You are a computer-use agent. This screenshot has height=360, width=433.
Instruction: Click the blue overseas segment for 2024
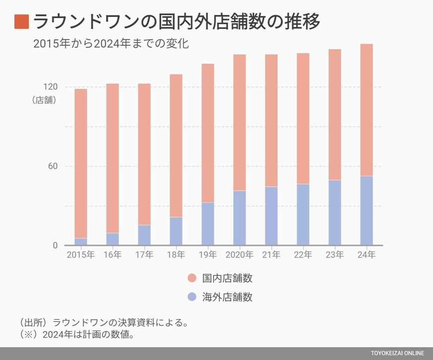click(x=366, y=211)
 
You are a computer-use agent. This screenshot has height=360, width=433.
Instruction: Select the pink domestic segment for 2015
click(x=81, y=163)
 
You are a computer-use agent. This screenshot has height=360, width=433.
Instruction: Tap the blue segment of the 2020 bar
click(x=239, y=218)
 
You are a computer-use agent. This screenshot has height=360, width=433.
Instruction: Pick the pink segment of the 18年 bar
click(x=176, y=145)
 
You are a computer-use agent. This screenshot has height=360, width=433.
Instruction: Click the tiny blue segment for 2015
click(x=81, y=241)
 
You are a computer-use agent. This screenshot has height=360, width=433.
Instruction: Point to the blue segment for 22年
click(x=303, y=215)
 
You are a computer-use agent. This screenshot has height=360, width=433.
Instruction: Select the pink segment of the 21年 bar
click(x=271, y=120)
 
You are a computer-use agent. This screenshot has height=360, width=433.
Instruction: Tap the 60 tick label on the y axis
click(x=52, y=166)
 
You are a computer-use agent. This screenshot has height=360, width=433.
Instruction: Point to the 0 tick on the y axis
click(x=55, y=245)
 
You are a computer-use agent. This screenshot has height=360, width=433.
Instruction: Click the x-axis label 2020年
click(x=239, y=255)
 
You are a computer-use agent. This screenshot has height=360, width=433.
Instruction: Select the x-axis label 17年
click(x=144, y=255)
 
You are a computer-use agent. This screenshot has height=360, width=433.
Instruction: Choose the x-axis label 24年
click(x=366, y=255)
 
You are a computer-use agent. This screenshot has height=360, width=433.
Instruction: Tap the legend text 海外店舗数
click(x=227, y=297)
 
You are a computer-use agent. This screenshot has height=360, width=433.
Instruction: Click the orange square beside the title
click(x=21, y=22)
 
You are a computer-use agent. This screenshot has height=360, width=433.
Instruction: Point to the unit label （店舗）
click(x=44, y=100)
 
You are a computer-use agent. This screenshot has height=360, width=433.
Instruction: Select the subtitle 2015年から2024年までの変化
click(x=111, y=44)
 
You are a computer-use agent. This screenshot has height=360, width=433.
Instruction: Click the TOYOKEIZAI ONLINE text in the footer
click(x=397, y=354)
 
